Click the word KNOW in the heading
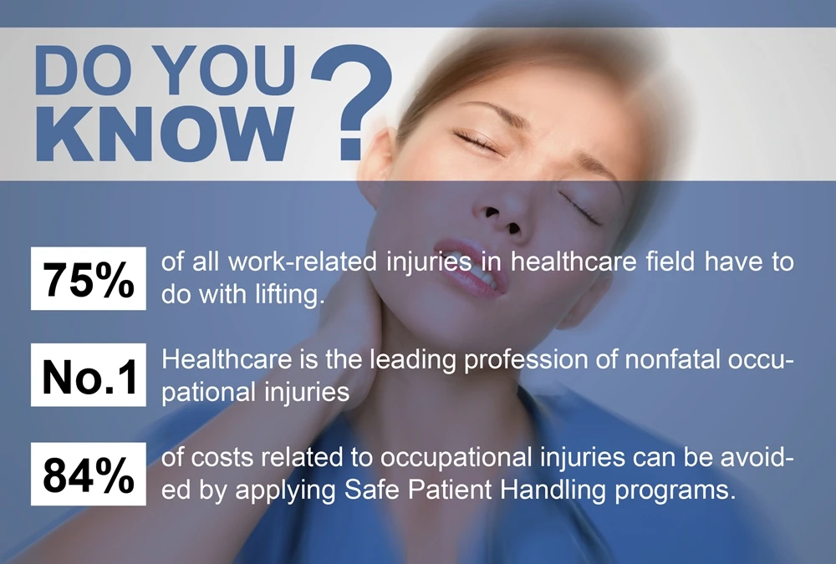pyautogui.click(x=165, y=133)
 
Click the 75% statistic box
pyautogui.click(x=89, y=278)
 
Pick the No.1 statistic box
pyautogui.click(x=89, y=375)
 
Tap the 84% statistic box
pyautogui.click(x=89, y=474)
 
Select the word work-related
pyautogui.click(x=303, y=262)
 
